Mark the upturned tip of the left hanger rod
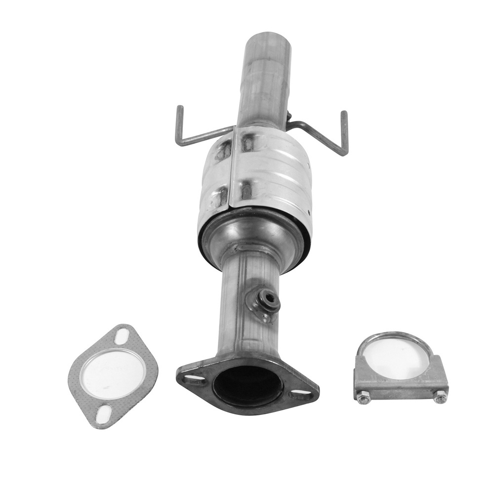179,110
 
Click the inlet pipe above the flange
242,316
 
